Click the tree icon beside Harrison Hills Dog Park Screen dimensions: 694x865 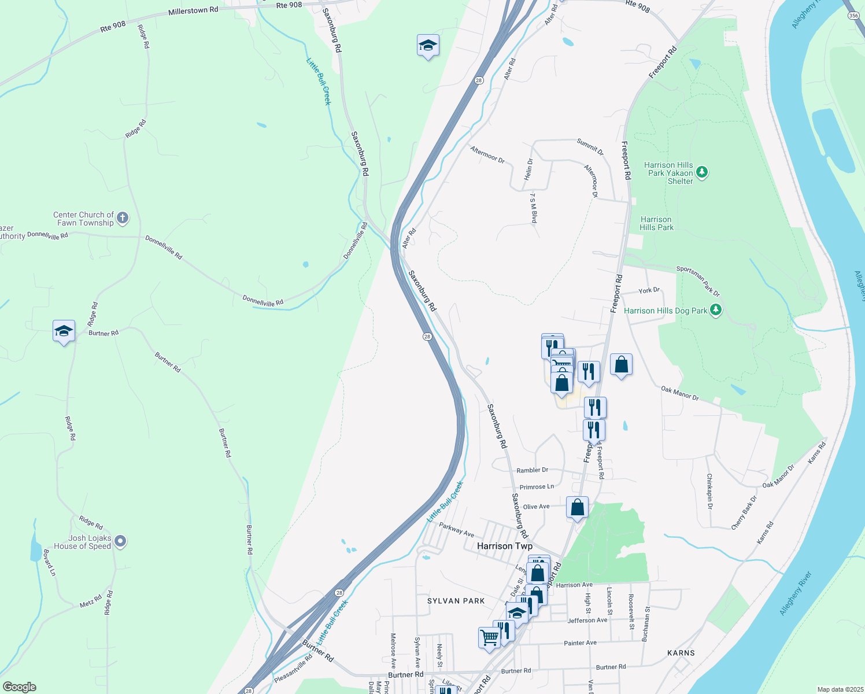tap(716, 310)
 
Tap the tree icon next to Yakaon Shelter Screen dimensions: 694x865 tap(702, 172)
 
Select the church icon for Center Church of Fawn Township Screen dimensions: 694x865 tap(122, 218)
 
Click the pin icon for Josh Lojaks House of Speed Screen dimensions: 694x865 tap(120, 542)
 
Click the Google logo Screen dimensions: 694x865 tap(20, 687)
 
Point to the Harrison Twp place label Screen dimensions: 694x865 tap(505, 546)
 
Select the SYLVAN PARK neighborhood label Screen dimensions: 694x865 tap(456, 601)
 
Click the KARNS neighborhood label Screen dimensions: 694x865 tap(681, 653)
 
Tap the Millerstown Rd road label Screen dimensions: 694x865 tap(193, 11)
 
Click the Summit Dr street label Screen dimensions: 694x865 tap(590, 147)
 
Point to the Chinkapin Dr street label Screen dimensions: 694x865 tap(709, 492)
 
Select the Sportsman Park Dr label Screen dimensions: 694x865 tap(698, 281)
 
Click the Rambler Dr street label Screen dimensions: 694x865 tap(532, 470)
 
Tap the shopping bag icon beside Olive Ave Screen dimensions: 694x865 tap(577, 508)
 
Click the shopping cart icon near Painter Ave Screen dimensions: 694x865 tap(489, 638)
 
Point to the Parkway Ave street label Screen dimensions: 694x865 tap(456, 529)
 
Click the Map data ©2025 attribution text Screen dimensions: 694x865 tap(840, 689)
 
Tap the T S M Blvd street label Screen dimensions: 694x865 tap(534, 208)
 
